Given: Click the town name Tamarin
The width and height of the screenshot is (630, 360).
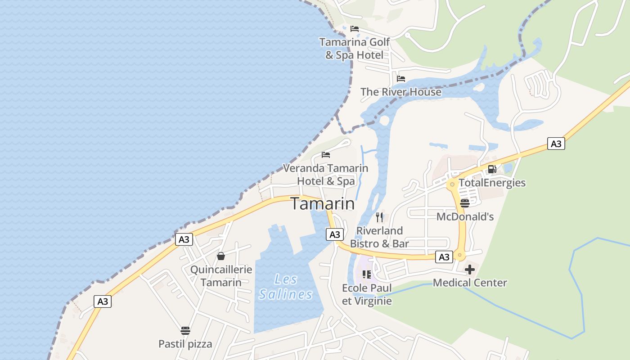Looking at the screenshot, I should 322,204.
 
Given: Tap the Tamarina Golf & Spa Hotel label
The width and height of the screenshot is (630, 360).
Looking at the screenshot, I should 355,49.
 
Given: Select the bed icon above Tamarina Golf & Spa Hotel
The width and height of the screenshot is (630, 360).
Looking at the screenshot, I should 355,29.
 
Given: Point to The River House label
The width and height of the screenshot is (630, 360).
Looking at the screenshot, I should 400,92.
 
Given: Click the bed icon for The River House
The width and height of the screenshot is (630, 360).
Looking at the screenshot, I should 401,79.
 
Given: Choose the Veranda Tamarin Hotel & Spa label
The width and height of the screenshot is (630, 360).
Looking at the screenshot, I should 325,175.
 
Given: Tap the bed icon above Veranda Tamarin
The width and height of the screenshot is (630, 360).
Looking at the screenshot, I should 326,155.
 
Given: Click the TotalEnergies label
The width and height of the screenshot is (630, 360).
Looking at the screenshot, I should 492,183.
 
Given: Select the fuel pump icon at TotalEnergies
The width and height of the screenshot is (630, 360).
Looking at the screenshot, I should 492,169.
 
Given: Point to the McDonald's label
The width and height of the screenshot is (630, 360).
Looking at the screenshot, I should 465,216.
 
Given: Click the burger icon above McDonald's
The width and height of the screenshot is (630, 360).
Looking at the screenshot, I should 465,203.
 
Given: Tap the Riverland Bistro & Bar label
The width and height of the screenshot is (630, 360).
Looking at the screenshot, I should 379,237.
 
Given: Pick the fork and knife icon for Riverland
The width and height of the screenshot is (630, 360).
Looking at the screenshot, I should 379,217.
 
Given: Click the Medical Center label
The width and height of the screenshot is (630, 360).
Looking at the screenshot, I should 470,283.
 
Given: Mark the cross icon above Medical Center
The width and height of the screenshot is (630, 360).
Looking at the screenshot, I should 470,270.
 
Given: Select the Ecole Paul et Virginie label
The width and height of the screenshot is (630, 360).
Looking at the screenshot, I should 367,294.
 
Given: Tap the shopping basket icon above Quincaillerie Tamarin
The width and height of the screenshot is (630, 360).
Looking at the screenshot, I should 221,256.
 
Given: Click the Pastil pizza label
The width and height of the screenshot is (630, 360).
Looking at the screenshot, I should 185,344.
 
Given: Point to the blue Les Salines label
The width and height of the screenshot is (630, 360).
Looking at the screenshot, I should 286,287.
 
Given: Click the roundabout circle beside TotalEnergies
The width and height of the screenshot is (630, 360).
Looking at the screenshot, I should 452,184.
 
